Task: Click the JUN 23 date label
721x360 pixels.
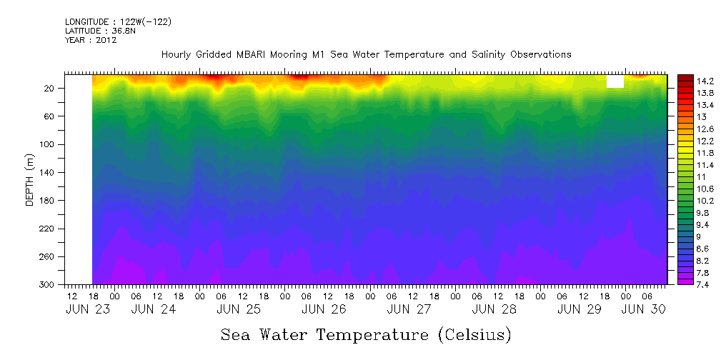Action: tap(83, 309)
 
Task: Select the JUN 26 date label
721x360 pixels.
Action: tap(324, 309)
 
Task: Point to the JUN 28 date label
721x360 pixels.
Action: tap(494, 309)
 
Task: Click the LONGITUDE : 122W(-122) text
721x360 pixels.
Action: tap(118, 22)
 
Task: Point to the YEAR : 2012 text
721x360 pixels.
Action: tap(91, 41)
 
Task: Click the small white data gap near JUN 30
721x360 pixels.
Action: tap(615, 81)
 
